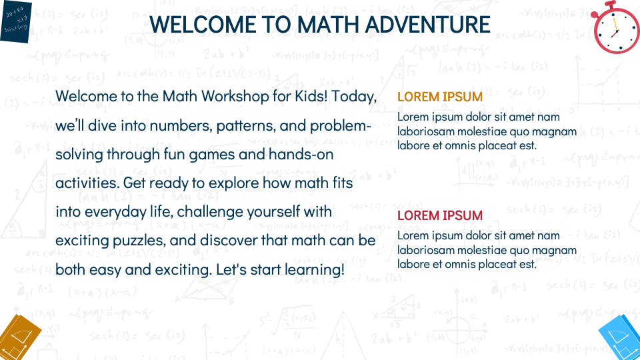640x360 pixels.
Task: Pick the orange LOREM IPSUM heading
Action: click(440, 97)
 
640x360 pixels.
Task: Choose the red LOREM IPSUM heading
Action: click(440, 215)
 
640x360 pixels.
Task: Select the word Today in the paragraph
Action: click(354, 96)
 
